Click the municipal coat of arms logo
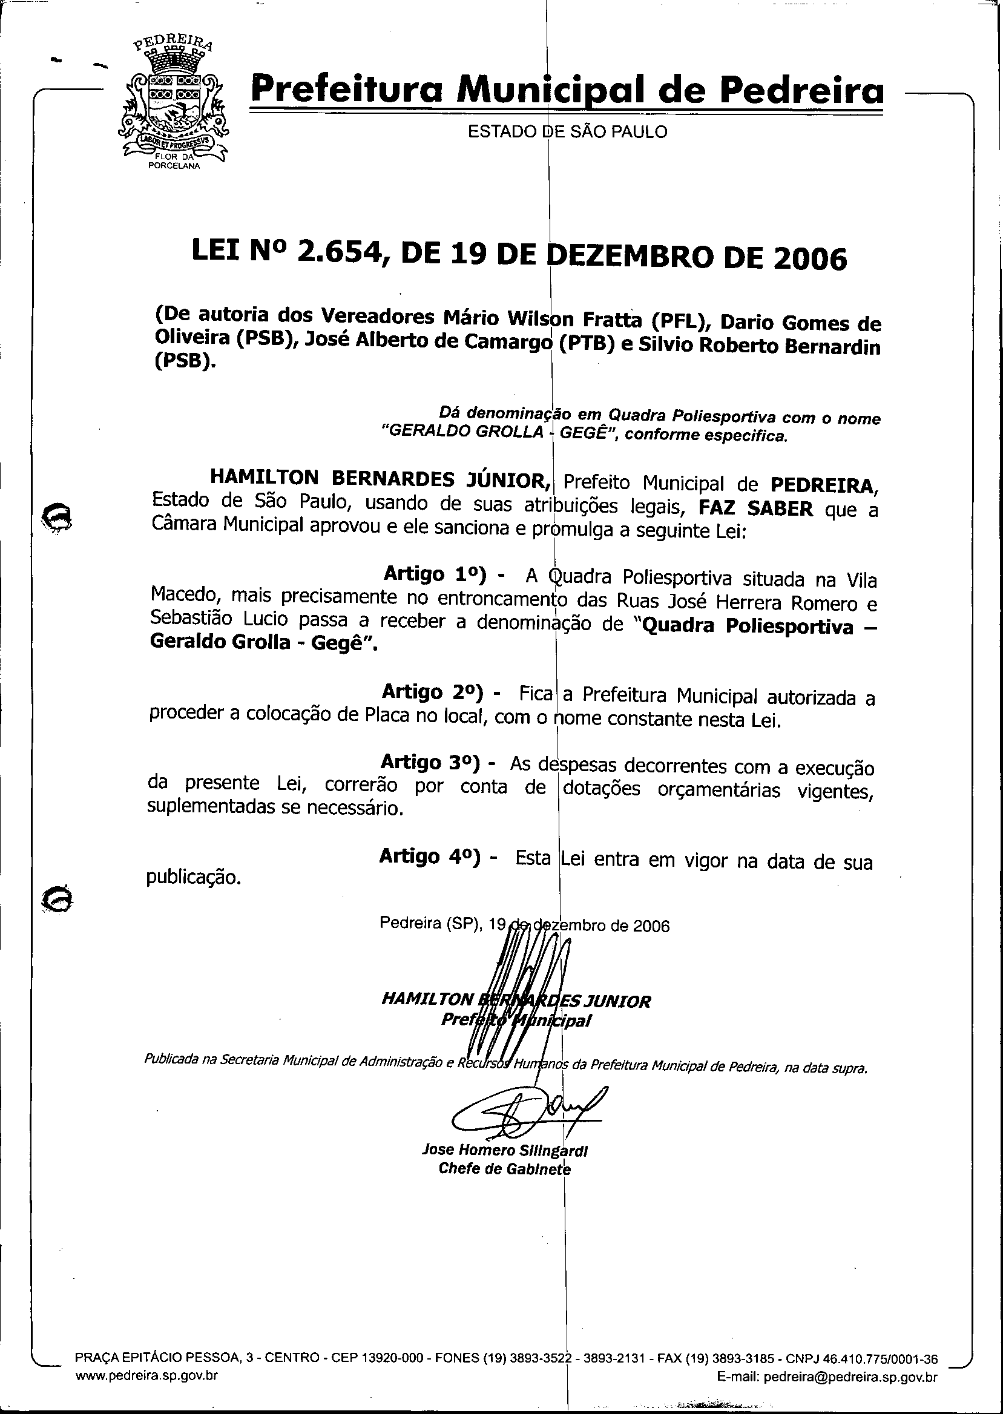174,102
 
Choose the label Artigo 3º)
430,761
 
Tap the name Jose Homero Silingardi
505,1149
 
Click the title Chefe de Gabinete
505,1169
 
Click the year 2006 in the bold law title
810,258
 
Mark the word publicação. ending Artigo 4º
192,878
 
